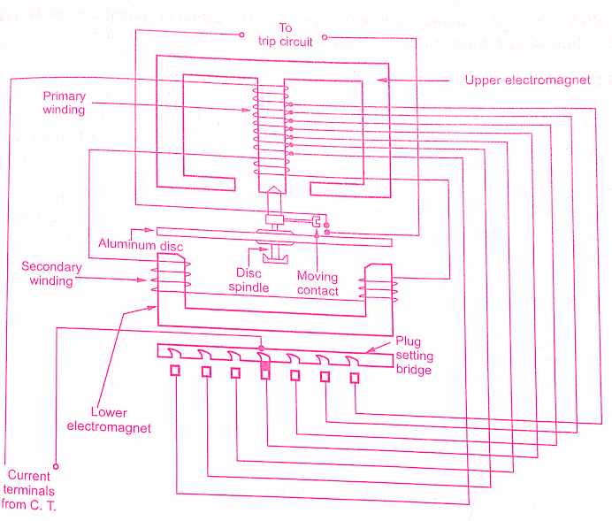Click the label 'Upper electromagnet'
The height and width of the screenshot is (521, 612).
(527, 80)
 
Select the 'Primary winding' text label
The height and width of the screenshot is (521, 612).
(63, 103)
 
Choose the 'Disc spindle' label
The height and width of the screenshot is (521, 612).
(250, 280)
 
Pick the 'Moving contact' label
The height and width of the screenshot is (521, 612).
(317, 284)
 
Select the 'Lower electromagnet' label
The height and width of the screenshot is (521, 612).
(120, 420)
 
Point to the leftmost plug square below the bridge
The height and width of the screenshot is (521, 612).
(176, 372)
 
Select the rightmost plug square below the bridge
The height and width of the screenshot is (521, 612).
(355, 378)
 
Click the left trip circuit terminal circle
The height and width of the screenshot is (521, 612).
(242, 36)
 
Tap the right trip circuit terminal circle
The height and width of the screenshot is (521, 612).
(325, 37)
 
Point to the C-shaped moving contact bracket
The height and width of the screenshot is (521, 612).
(317, 220)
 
